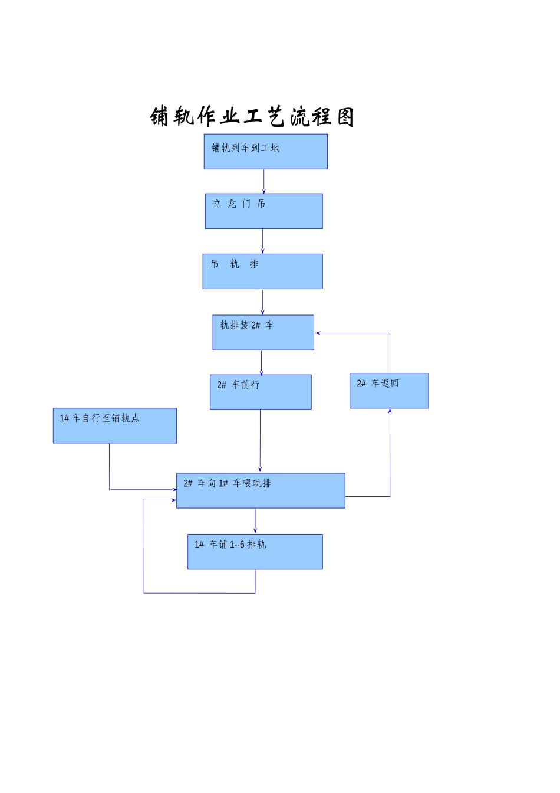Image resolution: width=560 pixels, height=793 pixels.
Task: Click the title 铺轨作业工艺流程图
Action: pos(252,116)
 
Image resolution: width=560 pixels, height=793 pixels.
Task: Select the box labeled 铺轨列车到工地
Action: pos(265,152)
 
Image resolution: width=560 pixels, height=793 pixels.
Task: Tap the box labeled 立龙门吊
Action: pos(263,211)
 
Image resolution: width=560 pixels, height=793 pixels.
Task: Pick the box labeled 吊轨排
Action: pos(262,271)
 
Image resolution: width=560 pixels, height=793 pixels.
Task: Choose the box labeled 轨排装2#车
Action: pos(263,333)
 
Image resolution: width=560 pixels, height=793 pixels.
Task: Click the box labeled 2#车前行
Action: pos(261,392)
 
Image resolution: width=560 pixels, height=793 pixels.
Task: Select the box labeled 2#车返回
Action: pos(389,391)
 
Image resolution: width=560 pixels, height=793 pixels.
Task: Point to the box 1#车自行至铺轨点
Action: pos(114,425)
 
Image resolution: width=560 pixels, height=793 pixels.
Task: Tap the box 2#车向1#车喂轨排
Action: pos(261,490)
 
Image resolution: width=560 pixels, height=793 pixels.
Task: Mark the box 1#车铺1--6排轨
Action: pos(255,552)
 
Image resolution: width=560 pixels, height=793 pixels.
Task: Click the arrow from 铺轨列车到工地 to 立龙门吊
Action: pos(263,181)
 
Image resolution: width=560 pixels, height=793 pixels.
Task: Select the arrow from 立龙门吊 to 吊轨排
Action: pos(262,241)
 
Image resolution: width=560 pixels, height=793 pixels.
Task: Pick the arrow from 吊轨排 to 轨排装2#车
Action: pos(262,302)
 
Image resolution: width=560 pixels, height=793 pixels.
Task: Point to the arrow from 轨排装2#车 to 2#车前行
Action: pos(261,362)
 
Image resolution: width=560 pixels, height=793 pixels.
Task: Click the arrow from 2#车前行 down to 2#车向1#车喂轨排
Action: pos(260,441)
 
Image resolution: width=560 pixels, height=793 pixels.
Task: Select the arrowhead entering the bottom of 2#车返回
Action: pos(390,412)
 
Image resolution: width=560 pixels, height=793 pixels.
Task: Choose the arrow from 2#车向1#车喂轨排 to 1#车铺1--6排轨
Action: pos(255,521)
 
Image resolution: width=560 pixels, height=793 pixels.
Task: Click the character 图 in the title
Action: pos(345,117)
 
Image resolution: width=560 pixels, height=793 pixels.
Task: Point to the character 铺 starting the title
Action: pos(160,116)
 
